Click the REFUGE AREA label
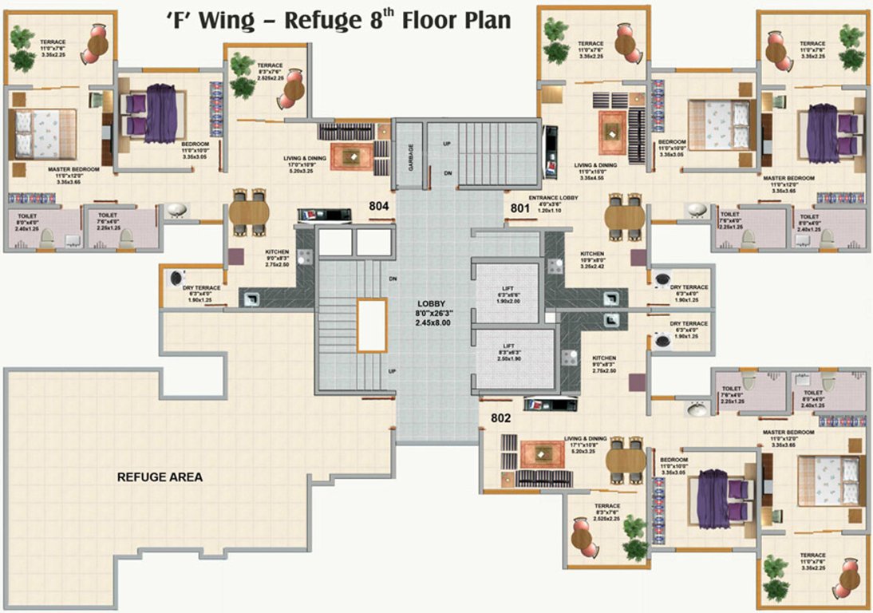(160, 477)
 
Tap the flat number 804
(379, 206)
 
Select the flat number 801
(520, 209)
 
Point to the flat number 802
(500, 417)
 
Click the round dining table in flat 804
(249, 213)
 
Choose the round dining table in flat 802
(625, 461)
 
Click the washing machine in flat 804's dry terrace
(176, 277)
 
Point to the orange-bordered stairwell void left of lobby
(372, 325)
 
